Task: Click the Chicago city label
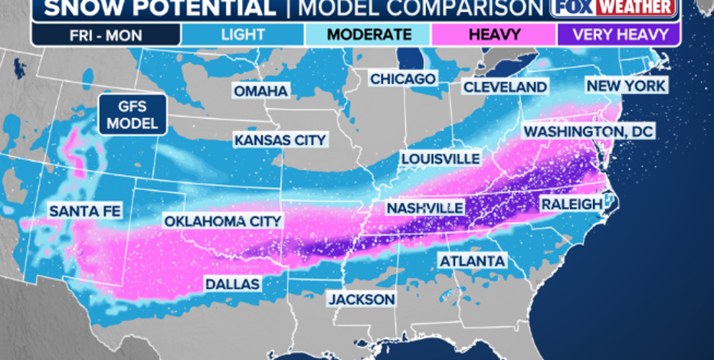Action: (403, 79)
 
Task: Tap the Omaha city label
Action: (261, 91)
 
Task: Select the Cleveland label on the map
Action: (505, 87)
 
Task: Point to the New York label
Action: (626, 85)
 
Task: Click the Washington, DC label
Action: (588, 132)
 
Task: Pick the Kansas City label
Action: (280, 140)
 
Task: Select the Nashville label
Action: (424, 208)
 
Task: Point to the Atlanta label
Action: (472, 261)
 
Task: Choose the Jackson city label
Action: (362, 299)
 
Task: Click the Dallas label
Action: (232, 284)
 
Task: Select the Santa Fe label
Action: (84, 211)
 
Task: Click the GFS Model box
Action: (133, 116)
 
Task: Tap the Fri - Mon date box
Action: (106, 34)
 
